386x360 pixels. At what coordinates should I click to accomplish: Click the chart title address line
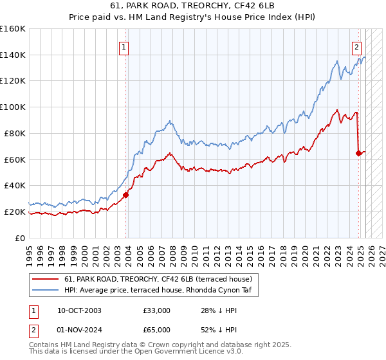tap(192, 6)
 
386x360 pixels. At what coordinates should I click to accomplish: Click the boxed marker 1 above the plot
tap(123, 46)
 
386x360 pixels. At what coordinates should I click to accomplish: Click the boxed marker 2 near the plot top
tap(356, 46)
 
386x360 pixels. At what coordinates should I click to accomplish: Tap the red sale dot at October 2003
tap(126, 195)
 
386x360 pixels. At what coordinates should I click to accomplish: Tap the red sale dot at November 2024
tap(358, 153)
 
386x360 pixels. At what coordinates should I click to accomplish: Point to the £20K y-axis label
tap(14, 212)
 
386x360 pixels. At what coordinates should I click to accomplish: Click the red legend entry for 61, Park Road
tap(161, 278)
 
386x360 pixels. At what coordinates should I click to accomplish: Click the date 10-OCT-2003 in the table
tap(79, 310)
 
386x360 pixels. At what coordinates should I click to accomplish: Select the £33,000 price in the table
tap(157, 310)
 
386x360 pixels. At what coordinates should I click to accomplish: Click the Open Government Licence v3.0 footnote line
tap(136, 353)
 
